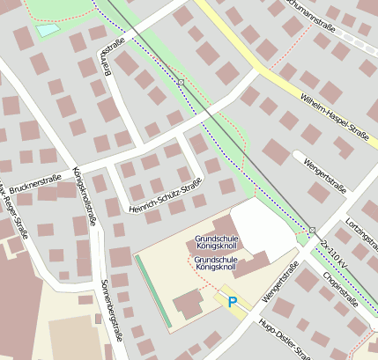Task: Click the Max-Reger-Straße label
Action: click(15, 213)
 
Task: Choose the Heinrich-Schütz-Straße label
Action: click(165, 195)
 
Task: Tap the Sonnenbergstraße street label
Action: click(112, 308)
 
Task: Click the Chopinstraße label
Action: click(340, 291)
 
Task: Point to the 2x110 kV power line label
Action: click(337, 253)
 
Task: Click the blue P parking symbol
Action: click(233, 302)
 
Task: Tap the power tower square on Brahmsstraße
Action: click(180, 82)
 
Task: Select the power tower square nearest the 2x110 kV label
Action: click(312, 230)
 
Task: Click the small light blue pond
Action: click(47, 30)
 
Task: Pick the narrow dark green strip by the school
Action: click(152, 290)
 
